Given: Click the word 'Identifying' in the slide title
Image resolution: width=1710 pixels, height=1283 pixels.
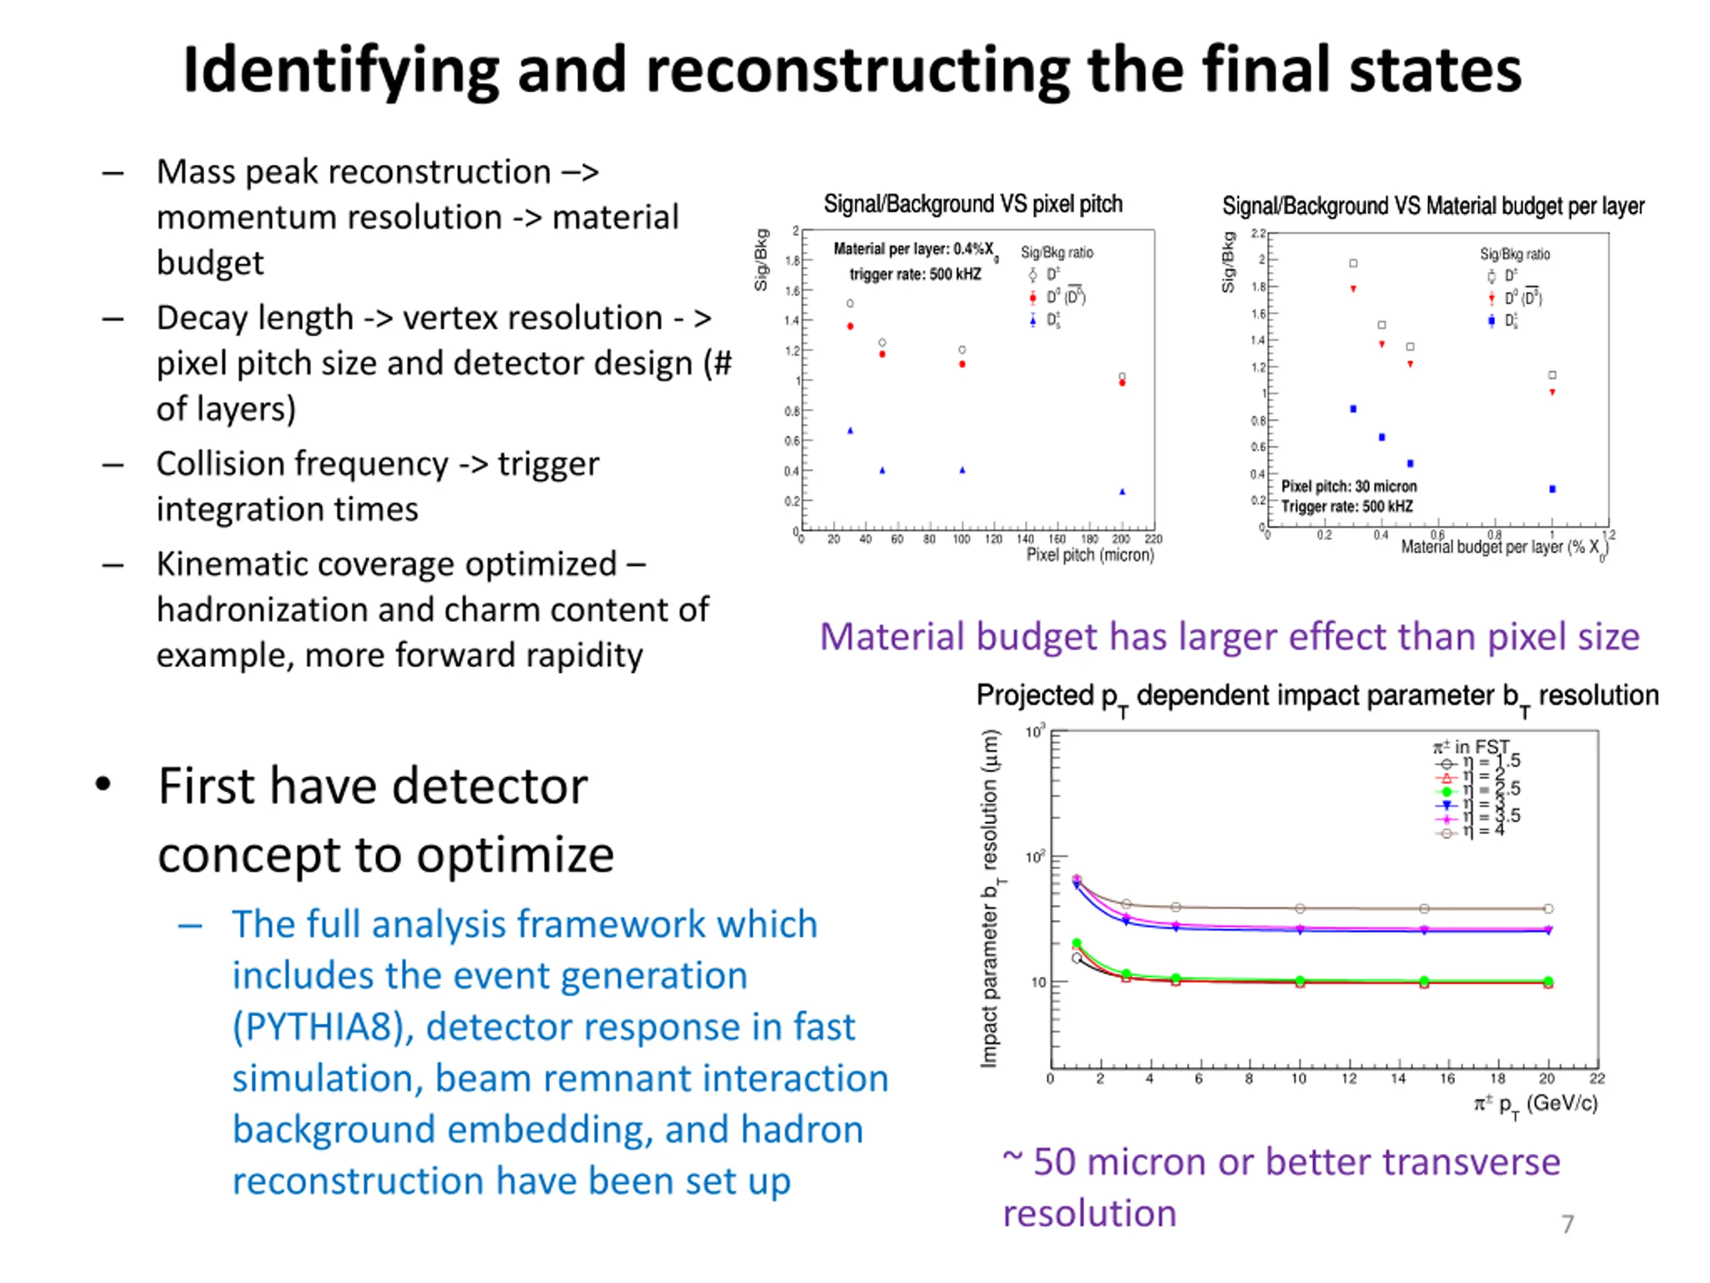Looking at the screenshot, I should [340, 71].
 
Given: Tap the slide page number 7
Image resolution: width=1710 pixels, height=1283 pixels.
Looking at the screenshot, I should [1567, 1224].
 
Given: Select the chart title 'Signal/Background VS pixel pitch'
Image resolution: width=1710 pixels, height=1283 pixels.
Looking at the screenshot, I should [973, 204].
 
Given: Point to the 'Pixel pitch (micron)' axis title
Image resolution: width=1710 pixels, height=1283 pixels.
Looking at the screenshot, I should [1089, 555].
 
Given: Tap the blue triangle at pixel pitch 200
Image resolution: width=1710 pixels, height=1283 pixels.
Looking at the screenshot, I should [1122, 492].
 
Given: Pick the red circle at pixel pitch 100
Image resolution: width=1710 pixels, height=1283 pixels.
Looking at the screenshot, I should [963, 364].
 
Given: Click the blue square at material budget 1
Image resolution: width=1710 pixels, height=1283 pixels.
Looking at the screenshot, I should [1552, 488].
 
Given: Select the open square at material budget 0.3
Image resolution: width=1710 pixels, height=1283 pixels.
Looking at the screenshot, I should [1353, 264].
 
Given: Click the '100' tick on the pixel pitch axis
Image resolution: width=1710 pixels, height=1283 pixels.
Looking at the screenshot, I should [961, 540].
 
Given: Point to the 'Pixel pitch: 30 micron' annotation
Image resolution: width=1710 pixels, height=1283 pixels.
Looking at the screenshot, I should [1349, 486].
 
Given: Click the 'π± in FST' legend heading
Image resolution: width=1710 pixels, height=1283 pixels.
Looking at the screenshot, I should [1470, 747].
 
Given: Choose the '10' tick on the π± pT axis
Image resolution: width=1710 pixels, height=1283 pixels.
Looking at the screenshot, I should [1299, 1079].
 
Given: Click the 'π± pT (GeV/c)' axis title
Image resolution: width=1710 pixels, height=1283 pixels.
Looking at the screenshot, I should [1535, 1105].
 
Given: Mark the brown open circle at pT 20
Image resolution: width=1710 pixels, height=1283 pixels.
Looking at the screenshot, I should [1548, 909].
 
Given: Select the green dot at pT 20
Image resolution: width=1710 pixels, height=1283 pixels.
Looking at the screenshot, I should [1548, 982].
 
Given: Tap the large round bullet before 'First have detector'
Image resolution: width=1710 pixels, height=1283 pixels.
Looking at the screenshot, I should [103, 785].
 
